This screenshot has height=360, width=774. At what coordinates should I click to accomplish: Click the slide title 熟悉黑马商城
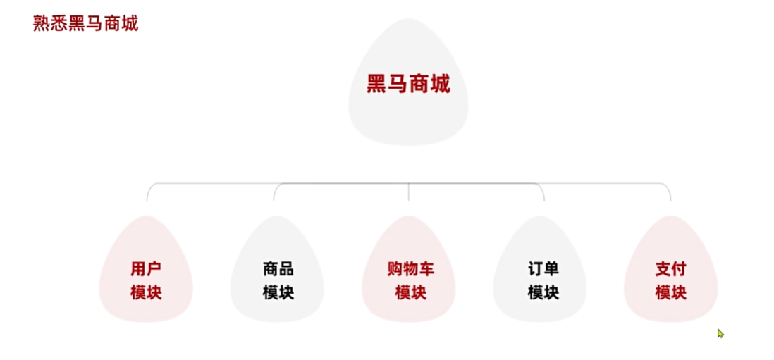[85, 23]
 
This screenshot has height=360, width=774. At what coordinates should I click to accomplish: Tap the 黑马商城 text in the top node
[408, 85]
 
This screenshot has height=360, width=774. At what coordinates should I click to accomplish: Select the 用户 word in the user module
[146, 269]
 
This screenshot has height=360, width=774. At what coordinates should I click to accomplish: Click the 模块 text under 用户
[146, 292]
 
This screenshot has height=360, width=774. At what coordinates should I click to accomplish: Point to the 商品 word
[278, 269]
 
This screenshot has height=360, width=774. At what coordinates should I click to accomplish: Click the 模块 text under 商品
[278, 292]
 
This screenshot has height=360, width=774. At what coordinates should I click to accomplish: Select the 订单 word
[543, 269]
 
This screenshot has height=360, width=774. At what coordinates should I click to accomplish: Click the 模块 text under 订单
[543, 292]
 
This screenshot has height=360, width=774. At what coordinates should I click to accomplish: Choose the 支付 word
[670, 269]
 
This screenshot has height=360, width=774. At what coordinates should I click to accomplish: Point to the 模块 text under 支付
[670, 292]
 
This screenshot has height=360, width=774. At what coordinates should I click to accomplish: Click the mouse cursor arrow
[720, 333]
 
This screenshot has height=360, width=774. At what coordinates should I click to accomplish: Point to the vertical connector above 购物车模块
[409, 193]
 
